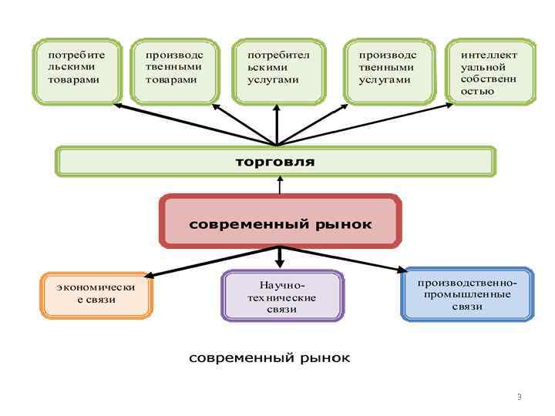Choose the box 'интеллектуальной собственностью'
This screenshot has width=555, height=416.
pyautogui.click(x=490, y=71)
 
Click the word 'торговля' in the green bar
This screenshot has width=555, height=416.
pyautogui.click(x=275, y=162)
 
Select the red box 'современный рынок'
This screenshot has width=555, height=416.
pyautogui.click(x=281, y=222)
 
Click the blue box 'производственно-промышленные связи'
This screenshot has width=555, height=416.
pyautogui.click(x=467, y=294)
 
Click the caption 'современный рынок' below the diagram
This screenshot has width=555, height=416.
pyautogui.click(x=270, y=358)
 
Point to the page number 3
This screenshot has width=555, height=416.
pyautogui.click(x=520, y=397)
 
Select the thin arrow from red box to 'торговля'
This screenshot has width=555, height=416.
pyautogui.click(x=279, y=186)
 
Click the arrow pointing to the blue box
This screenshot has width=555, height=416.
pyautogui.click(x=347, y=260)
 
